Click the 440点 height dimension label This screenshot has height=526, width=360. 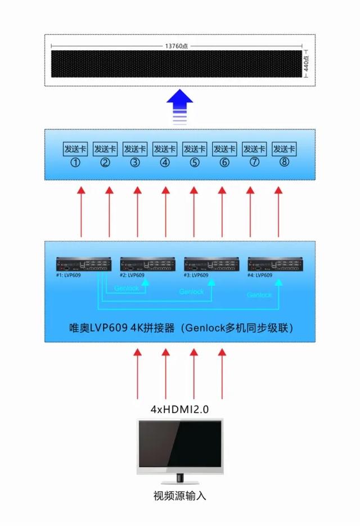click(306, 63)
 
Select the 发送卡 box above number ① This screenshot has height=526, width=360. click(75, 149)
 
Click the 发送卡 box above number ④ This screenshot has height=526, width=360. click(164, 149)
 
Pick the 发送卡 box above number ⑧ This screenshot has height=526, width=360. click(284, 149)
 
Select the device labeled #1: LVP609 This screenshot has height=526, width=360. click(83, 265)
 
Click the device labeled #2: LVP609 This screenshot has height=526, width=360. click(147, 265)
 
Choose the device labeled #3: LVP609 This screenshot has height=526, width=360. click(211, 265)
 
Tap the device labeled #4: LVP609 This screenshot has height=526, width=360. click(275, 265)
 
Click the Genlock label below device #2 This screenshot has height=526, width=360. click(126, 288)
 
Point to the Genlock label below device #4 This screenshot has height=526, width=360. click(259, 295)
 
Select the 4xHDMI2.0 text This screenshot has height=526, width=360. click(179, 410)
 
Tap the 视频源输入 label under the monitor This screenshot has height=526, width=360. click(179, 496)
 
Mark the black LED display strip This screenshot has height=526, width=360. click(177, 64)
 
